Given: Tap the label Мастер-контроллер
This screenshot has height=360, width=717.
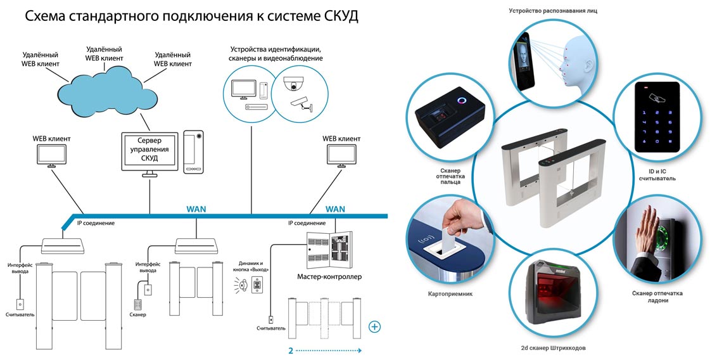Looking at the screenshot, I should (329, 277).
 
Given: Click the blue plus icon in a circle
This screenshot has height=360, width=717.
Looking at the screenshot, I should (375, 327).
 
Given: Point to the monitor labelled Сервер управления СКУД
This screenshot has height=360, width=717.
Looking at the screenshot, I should (149, 151).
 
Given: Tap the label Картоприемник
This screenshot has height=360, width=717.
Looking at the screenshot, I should (450, 293).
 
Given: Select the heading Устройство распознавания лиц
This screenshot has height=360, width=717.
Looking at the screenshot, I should (552, 11).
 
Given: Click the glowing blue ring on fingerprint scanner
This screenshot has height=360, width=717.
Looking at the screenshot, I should (461, 101).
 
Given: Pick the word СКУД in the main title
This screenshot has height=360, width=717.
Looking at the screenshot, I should (336, 16).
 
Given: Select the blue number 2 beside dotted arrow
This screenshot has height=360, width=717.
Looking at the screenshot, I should (290, 350).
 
